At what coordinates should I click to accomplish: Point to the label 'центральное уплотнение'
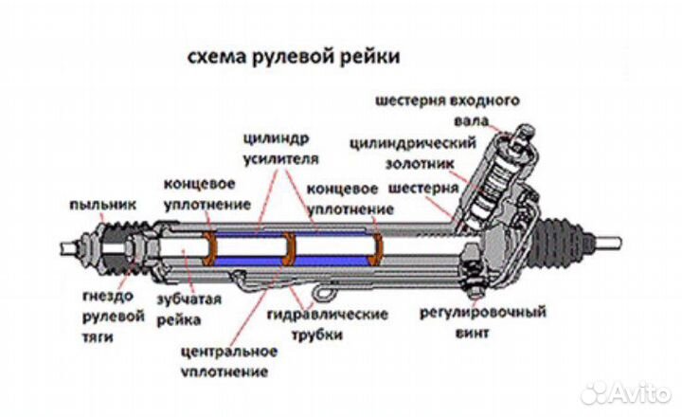click(227, 360)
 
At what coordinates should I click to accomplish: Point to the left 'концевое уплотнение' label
click(206, 193)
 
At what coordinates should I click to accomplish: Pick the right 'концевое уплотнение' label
click(350, 198)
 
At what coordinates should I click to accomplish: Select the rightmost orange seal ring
click(377, 248)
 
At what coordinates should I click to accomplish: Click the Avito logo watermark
click(625, 390)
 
